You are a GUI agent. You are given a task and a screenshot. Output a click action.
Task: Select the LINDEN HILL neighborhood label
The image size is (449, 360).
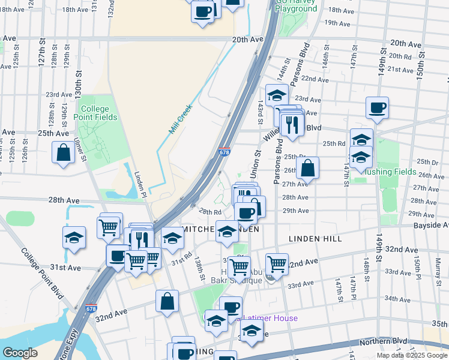point(315,239)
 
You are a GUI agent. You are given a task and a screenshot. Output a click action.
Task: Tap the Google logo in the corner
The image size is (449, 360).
point(20,353)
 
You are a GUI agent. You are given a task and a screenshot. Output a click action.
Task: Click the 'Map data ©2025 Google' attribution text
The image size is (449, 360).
point(412,355)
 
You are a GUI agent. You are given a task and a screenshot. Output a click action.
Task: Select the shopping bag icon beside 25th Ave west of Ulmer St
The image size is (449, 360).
point(64,154)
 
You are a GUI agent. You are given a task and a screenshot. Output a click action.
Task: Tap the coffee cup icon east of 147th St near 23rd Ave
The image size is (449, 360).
point(377,109)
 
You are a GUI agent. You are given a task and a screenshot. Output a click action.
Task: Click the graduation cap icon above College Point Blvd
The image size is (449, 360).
point(74,238)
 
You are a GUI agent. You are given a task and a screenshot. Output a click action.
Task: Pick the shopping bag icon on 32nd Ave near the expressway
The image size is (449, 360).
point(167,302)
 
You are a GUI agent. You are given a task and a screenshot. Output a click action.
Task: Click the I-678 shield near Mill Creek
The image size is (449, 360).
point(224,152)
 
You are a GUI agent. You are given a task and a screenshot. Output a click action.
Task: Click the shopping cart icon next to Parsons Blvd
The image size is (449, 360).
point(277,263)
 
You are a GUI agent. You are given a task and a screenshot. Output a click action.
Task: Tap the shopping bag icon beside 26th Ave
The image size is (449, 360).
point(307,169)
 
